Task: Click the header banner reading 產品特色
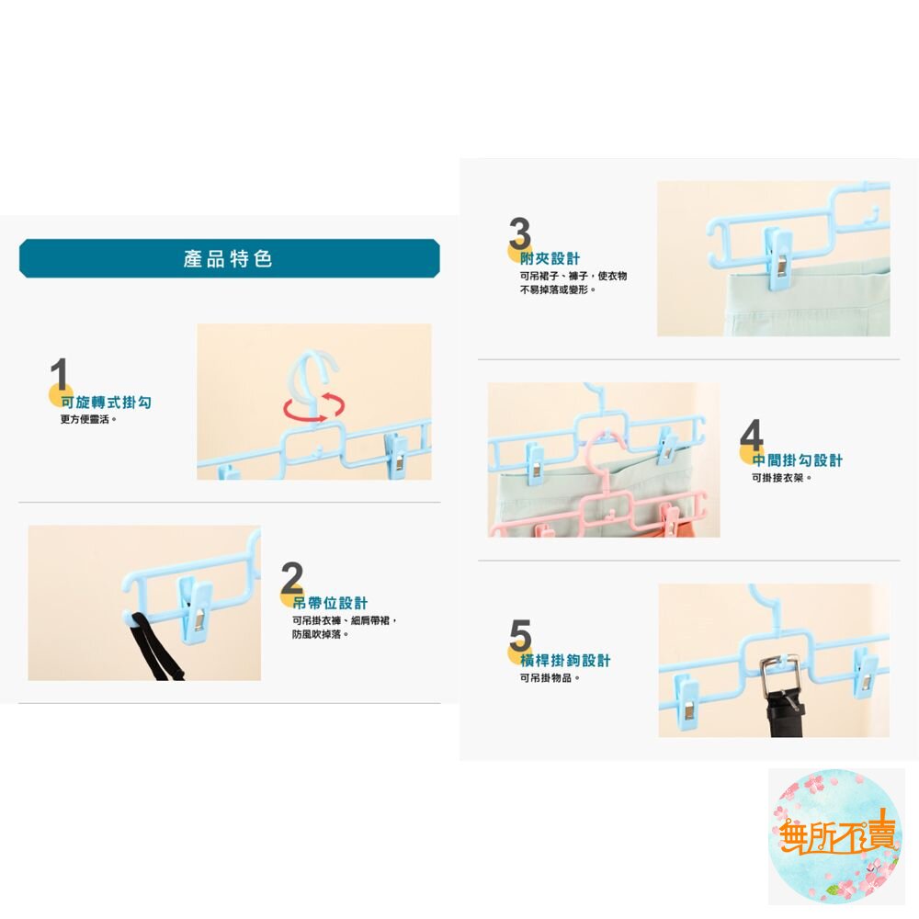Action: click(x=229, y=258)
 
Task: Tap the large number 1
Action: click(x=59, y=374)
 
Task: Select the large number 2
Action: click(x=292, y=577)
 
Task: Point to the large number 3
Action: click(x=520, y=233)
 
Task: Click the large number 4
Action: click(x=752, y=435)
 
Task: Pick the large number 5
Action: click(x=520, y=635)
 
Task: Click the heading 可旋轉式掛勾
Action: click(x=106, y=403)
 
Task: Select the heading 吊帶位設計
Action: click(x=330, y=603)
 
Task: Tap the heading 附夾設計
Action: click(x=550, y=258)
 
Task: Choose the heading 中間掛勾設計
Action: click(x=797, y=460)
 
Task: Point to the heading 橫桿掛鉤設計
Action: click(x=565, y=661)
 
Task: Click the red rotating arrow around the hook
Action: click(x=314, y=407)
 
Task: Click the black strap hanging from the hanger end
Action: click(x=153, y=645)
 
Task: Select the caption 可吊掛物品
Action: click(x=550, y=678)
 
